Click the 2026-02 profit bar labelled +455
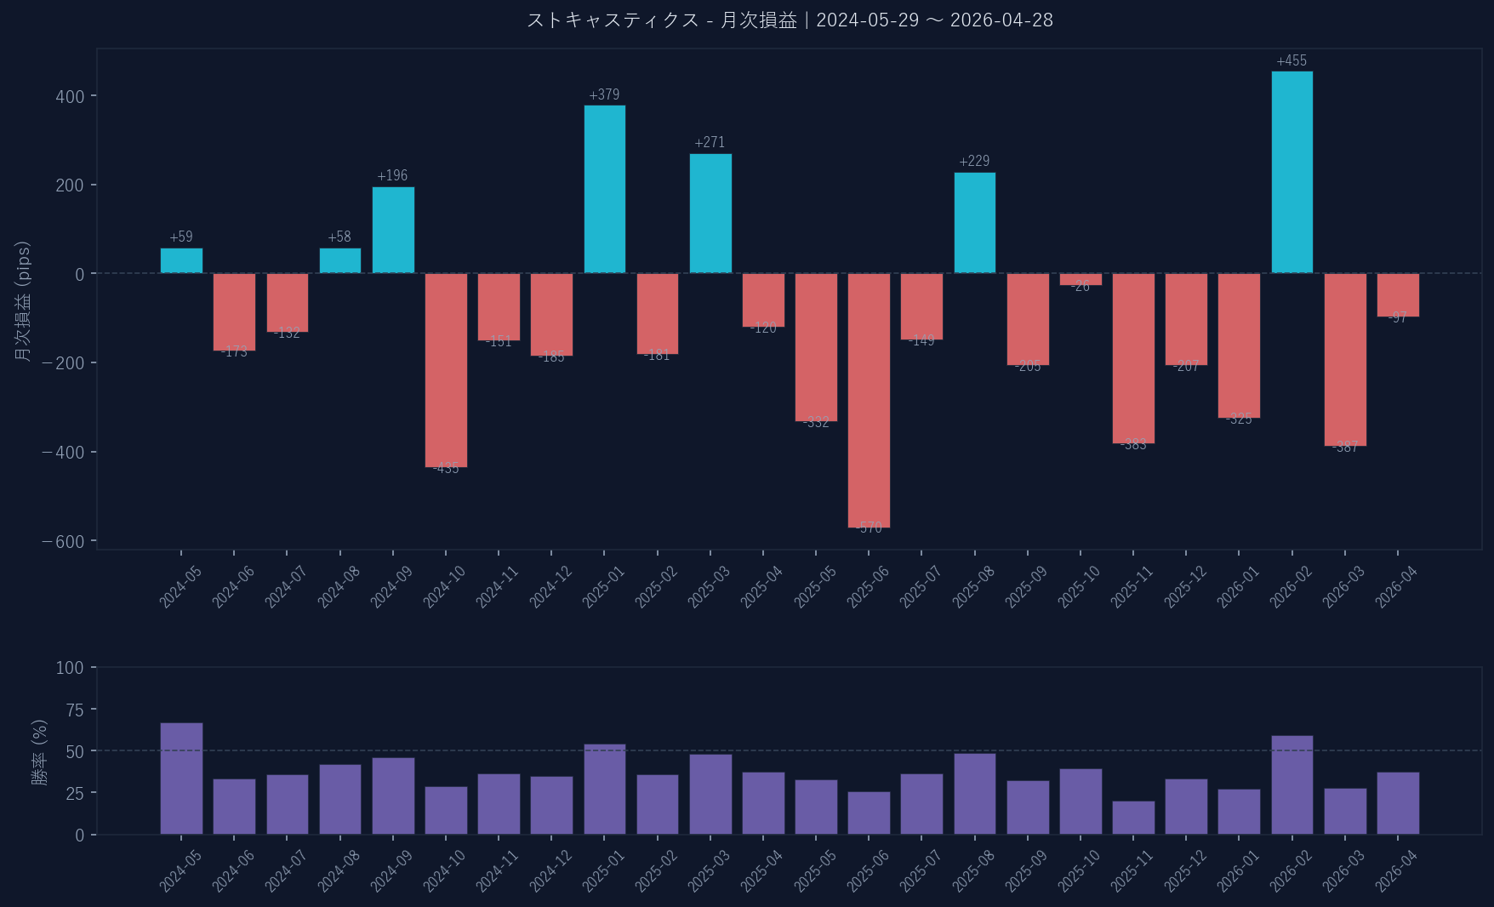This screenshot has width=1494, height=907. (x=1292, y=172)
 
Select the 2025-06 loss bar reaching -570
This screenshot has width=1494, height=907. (x=869, y=400)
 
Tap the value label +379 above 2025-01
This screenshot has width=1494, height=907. (x=604, y=94)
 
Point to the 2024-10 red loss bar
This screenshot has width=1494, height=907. (x=446, y=370)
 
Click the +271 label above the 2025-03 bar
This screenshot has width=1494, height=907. (x=710, y=142)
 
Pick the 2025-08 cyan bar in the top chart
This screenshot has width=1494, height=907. (x=974, y=223)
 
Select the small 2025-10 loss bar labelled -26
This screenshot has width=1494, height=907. (x=1081, y=279)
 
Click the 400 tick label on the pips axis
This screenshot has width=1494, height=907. (x=70, y=96)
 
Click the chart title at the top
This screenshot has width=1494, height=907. (x=790, y=20)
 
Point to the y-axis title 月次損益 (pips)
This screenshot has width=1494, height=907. (x=23, y=301)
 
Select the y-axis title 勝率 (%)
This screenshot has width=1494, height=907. (x=39, y=751)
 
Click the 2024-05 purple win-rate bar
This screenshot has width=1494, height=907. (x=181, y=779)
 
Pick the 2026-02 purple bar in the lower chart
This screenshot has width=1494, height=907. (x=1292, y=784)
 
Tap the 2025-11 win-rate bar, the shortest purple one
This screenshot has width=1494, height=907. (x=1133, y=818)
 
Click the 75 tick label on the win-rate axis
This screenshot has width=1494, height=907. (x=70, y=710)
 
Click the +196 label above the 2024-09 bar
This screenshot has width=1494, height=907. (x=392, y=175)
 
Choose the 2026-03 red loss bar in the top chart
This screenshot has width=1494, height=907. (x=1344, y=359)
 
